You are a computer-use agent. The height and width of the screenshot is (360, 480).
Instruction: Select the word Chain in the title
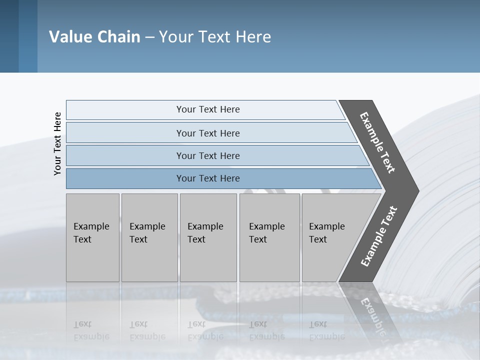click(118, 37)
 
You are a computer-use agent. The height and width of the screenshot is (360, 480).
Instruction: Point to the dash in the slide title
click(149, 37)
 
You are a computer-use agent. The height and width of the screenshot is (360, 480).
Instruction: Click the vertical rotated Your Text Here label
click(57, 143)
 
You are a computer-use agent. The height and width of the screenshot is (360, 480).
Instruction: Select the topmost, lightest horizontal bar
click(207, 109)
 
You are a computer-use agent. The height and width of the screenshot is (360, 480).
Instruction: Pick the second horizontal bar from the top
click(207, 133)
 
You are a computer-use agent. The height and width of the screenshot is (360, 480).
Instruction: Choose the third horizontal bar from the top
click(207, 155)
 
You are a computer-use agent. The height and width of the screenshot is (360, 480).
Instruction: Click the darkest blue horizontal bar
click(207, 178)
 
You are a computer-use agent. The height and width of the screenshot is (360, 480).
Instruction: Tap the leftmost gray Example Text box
click(92, 237)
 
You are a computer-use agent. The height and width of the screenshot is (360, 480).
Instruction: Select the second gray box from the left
click(149, 237)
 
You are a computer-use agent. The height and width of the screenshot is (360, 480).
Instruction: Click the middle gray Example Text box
click(208, 237)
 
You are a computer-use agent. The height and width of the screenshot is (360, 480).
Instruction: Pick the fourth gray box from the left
click(269, 237)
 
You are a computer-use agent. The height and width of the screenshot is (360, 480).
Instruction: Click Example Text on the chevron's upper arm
click(377, 142)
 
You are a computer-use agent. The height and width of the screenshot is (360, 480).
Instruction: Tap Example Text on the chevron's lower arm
click(378, 236)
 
